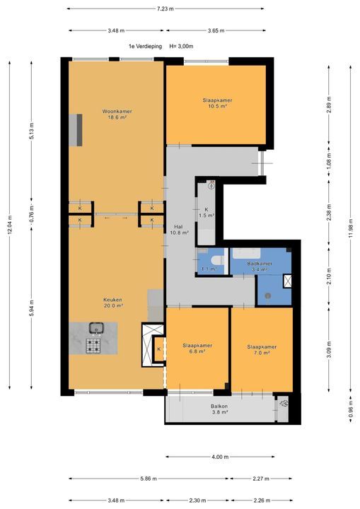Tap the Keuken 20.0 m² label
coord(112,303)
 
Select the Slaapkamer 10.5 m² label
coord(217,103)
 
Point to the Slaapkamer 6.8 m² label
coord(197,349)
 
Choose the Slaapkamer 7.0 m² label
coord(262,350)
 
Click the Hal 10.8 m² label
coord(179,230)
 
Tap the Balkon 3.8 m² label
coord(219,409)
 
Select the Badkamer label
coord(260,264)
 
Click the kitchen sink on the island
coord(96,328)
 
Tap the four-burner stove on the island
coord(93,346)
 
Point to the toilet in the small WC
coord(216,260)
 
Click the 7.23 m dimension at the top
coord(165,8)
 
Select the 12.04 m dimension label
coord(10,225)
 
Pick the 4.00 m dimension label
coord(220,457)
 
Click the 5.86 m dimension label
coord(149,479)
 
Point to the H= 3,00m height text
coord(181,47)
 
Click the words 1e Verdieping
coord(145,47)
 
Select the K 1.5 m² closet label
coord(207,212)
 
